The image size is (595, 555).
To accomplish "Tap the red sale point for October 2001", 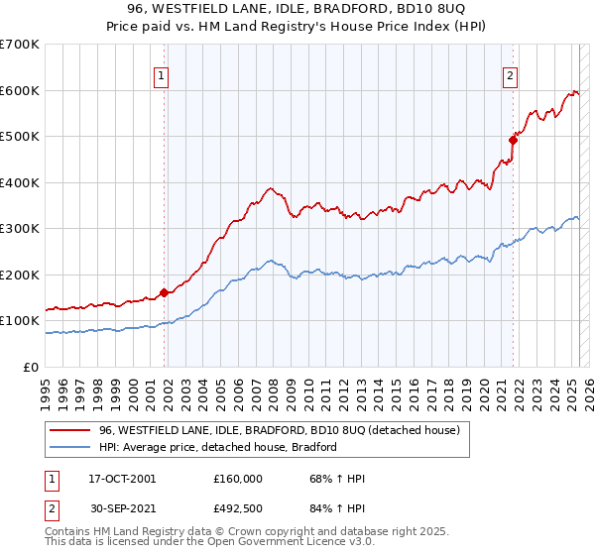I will [164, 293].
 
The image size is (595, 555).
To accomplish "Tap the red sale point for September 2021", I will [513, 140].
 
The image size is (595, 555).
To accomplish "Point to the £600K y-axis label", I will [20, 90].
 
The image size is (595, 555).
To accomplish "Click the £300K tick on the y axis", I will [20, 229].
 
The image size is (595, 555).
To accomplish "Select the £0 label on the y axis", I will [32, 368].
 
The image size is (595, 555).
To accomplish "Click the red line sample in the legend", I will [70, 431].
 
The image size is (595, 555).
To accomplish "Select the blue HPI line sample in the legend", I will [70, 448].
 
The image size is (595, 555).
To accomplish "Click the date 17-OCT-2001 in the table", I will [122, 479].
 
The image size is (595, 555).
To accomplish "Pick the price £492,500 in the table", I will [238, 508].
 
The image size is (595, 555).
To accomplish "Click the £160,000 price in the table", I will [238, 479].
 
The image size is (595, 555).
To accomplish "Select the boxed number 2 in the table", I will [51, 508].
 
